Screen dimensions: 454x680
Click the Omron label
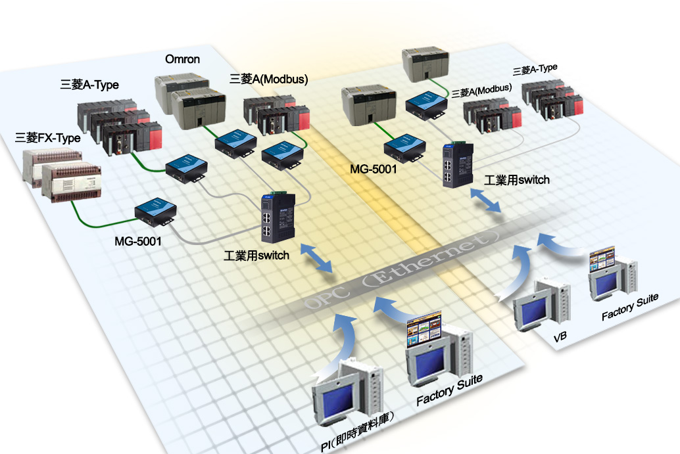coord(183,60)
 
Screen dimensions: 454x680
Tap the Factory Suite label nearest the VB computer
coord(630,307)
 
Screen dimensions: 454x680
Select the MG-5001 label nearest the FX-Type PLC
coord(138,241)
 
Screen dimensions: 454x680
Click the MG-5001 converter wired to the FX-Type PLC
coord(155,214)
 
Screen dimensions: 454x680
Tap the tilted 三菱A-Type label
coord(535,69)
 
